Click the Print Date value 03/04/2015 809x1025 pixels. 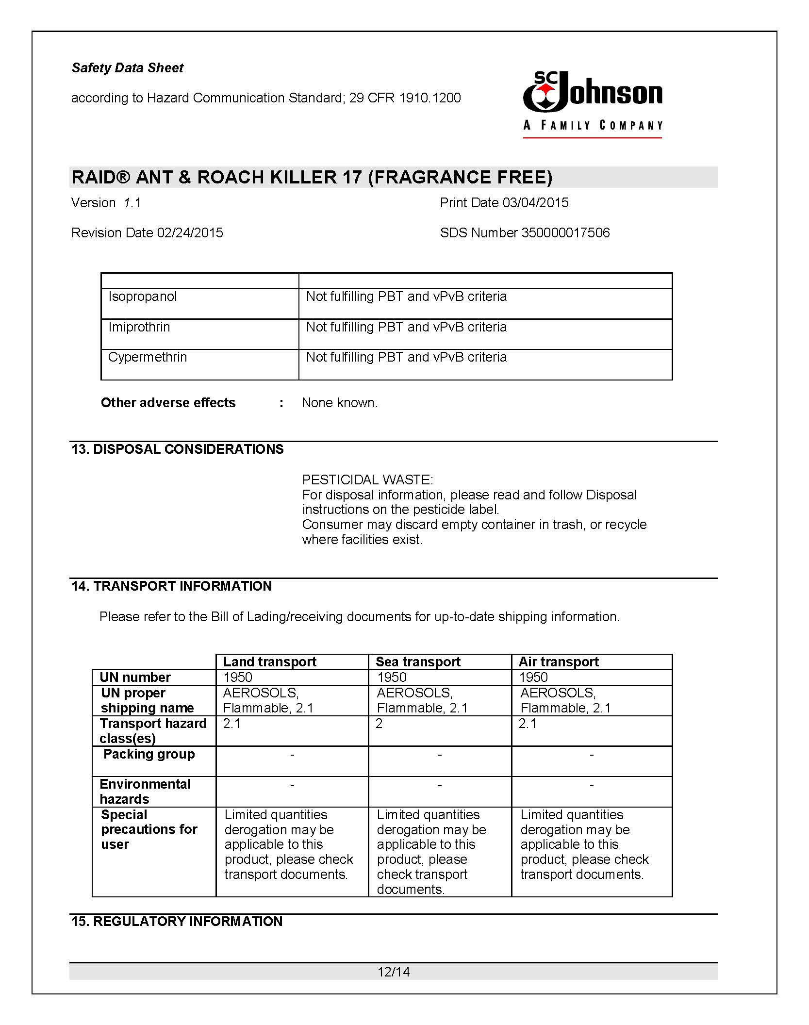(x=535, y=203)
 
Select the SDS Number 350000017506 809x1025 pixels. (x=565, y=233)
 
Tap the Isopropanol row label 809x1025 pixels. (x=142, y=297)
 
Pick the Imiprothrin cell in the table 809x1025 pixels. (x=139, y=327)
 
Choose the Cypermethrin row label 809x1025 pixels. (x=148, y=357)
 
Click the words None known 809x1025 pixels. (x=339, y=403)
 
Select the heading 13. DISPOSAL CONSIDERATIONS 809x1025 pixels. (x=177, y=449)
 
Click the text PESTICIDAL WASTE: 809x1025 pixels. (x=367, y=480)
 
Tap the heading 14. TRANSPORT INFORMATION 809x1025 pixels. (x=171, y=586)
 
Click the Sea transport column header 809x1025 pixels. (x=418, y=662)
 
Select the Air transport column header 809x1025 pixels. (x=559, y=662)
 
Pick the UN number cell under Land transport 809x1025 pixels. (x=238, y=677)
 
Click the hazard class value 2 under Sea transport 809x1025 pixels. (x=380, y=724)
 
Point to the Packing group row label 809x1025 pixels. (x=149, y=754)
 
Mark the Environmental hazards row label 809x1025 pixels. (x=145, y=792)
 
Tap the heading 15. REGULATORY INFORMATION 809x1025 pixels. (x=177, y=922)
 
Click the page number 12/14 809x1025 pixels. (x=394, y=972)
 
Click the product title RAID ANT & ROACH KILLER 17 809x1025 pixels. (x=312, y=177)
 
